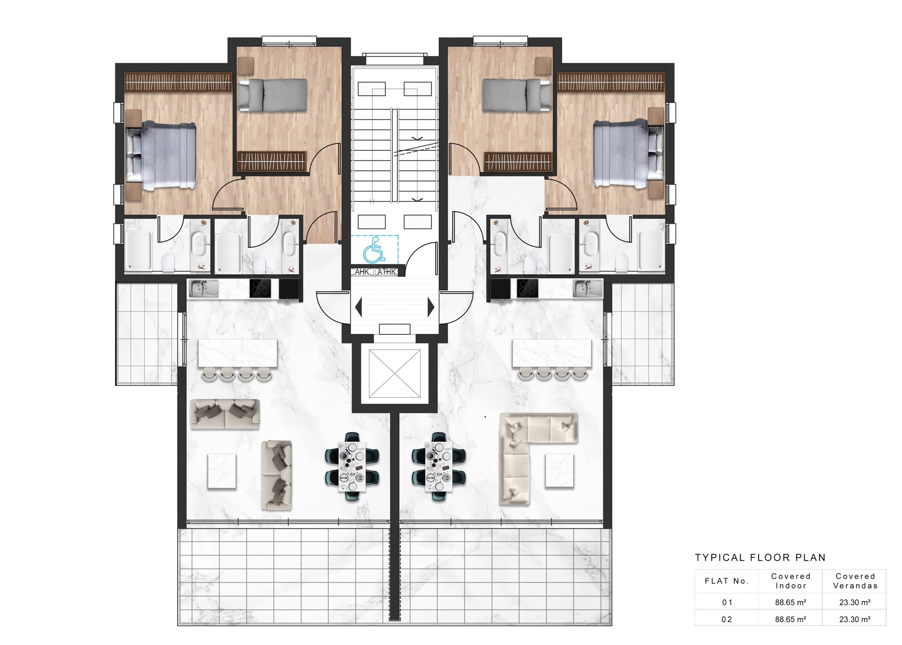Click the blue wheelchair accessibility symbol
tap(374, 250)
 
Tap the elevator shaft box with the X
tap(394, 373)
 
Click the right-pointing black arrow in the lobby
tap(430, 307)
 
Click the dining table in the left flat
tap(351, 467)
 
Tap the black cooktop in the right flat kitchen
tap(528, 288)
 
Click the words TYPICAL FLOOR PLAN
tap(760, 558)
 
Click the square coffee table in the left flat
tap(222, 471)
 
